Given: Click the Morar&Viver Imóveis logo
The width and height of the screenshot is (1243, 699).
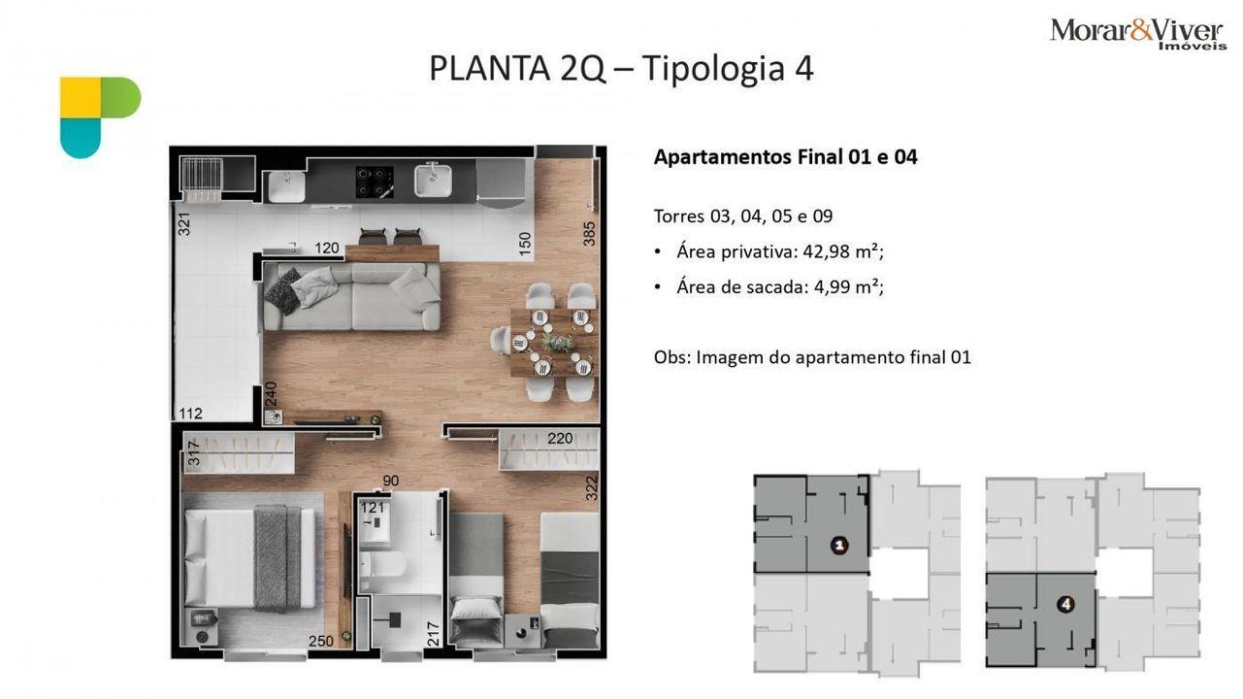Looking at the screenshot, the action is tap(1137, 34).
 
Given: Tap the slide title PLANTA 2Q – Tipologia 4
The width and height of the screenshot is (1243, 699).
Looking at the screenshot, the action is tap(621, 68).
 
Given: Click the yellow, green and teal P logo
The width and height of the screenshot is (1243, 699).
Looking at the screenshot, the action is tap(101, 117).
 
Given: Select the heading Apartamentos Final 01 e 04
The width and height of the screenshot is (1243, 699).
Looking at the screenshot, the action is tap(785, 157).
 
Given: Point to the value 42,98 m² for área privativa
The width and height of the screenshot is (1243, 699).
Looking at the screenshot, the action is tap(840, 251).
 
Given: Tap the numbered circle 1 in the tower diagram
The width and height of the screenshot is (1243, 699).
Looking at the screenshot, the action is tap(839, 546).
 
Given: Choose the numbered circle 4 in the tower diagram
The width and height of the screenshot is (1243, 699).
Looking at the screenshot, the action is tap(1066, 604).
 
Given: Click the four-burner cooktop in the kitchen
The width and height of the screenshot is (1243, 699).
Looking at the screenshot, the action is tap(375, 183).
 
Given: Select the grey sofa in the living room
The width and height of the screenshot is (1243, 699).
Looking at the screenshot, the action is tap(352, 296).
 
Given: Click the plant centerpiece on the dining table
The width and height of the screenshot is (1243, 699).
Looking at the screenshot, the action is tap(558, 342).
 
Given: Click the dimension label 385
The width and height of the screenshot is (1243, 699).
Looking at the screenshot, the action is tap(589, 234).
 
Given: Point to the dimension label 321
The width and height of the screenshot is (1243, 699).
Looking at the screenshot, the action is tap(183, 223).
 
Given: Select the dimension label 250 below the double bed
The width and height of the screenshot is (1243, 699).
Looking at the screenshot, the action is tap(321, 641).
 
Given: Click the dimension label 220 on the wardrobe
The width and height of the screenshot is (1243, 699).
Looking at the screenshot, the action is tap(560, 439).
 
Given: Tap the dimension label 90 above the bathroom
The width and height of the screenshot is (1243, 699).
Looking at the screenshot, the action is tap(391, 481).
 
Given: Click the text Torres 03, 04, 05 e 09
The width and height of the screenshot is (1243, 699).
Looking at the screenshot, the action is tap(743, 216).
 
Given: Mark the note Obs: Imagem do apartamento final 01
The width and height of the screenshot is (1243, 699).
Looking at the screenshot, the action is tap(812, 357).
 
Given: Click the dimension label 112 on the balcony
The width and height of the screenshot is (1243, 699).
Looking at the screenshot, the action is tap(190, 413).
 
